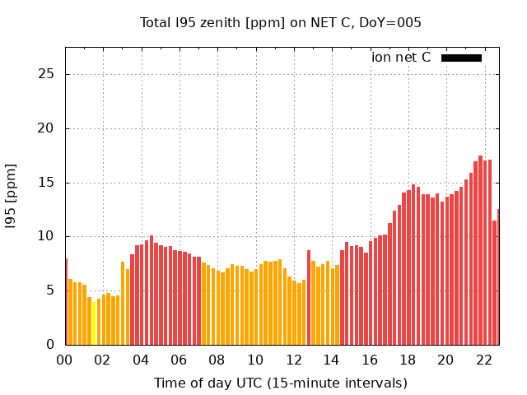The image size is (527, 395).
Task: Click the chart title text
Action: [x=281, y=22]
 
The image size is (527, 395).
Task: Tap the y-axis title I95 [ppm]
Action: [x=11, y=196]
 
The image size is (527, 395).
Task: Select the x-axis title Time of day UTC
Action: [x=281, y=383]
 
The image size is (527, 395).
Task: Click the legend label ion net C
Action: [x=401, y=58]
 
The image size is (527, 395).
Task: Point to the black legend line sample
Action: [x=461, y=58]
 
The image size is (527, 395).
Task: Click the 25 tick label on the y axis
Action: [x=47, y=74]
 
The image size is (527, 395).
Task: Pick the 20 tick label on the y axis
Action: [x=47, y=128]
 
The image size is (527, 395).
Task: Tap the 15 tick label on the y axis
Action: [x=47, y=183]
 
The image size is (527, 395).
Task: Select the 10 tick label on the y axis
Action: [x=47, y=236]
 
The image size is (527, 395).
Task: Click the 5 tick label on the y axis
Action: [x=50, y=290]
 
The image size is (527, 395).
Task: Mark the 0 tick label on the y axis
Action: [x=50, y=345]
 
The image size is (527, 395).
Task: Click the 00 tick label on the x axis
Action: [x=65, y=360]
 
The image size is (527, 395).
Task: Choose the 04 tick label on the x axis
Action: [x=141, y=360]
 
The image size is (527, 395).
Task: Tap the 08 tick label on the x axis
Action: [x=217, y=360]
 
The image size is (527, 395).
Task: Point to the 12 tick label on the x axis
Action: [x=293, y=360]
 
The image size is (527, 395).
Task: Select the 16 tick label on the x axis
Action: [x=370, y=360]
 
